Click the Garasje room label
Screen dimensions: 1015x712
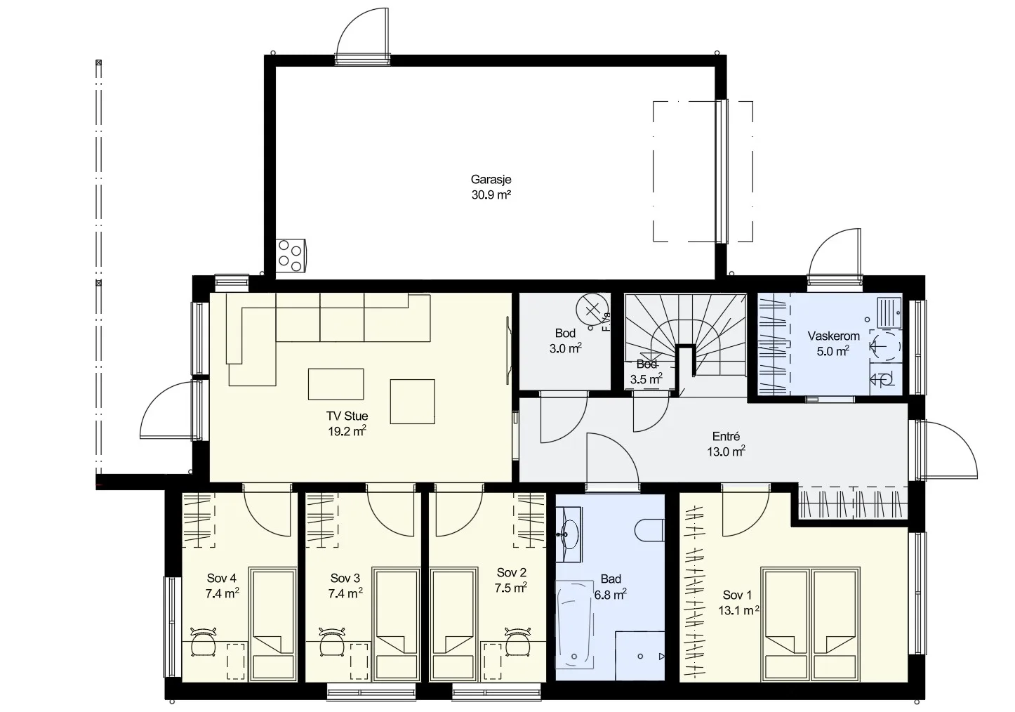491,180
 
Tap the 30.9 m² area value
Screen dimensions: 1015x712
491,195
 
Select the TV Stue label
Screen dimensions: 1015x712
347,416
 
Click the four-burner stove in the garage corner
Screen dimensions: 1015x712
291,256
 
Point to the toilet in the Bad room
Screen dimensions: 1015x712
650,530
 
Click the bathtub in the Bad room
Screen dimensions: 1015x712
575,624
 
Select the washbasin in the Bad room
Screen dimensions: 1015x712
569,534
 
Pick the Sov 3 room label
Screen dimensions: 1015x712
345,579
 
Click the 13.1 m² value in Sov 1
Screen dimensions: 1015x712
739,611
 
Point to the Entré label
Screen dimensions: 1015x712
727,437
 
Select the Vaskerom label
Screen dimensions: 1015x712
834,336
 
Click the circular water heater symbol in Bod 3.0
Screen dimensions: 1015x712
592,310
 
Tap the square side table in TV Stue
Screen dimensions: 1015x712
412,402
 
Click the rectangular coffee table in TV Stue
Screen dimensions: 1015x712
336,384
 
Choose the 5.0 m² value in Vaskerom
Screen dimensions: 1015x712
832,351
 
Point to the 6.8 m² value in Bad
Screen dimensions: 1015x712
611,594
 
